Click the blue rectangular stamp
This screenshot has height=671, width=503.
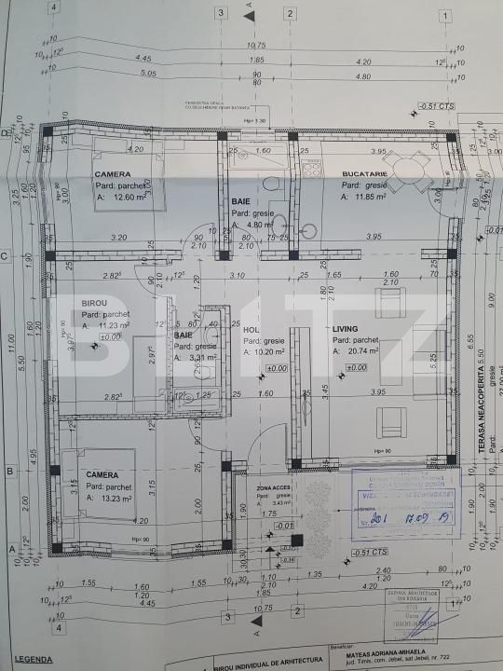[406, 505]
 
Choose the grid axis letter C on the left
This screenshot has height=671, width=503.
[6, 254]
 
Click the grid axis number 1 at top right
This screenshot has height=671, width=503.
[448, 14]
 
